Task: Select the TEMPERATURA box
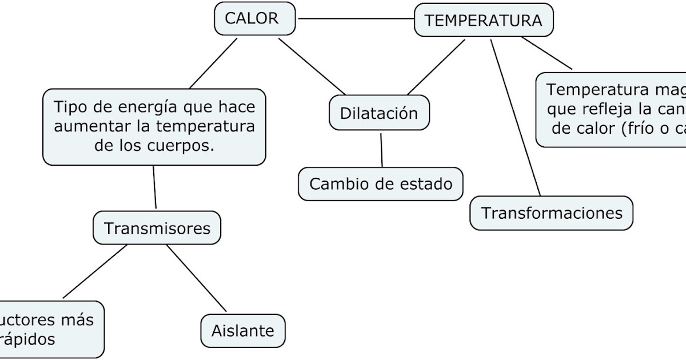coord(484,21)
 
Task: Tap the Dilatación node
coord(379,113)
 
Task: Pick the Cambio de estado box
coord(381,184)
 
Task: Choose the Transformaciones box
coord(552,213)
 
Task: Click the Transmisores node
coord(157,229)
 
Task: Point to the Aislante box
coord(243,330)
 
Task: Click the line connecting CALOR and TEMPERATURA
coord(355,19)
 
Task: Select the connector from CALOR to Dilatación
coord(312,66)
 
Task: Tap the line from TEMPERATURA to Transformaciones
coord(514,117)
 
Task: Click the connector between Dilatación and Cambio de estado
coord(381,150)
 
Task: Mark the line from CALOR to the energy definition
coord(213,63)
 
